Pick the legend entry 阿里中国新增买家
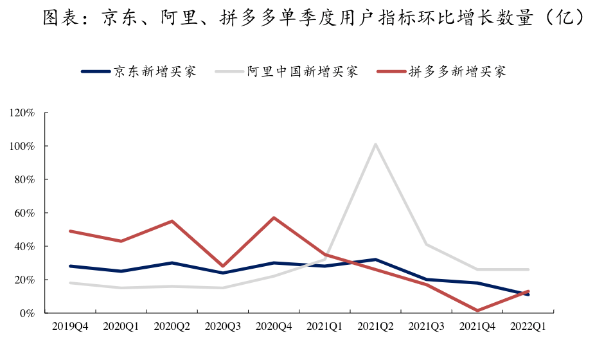tap(303, 71)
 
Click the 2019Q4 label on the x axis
tap(70, 327)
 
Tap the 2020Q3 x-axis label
tap(223, 327)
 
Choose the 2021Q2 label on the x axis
tap(375, 327)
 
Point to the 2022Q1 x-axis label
tap(528, 327)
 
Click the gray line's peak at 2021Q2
tap(375, 144)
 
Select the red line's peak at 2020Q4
tap(274, 218)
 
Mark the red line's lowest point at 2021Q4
tap(477, 310)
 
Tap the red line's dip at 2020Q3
tap(223, 266)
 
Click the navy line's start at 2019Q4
tap(70, 266)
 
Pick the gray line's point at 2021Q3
tap(427, 244)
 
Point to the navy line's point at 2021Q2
tap(375, 260)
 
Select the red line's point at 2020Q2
tap(172, 221)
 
